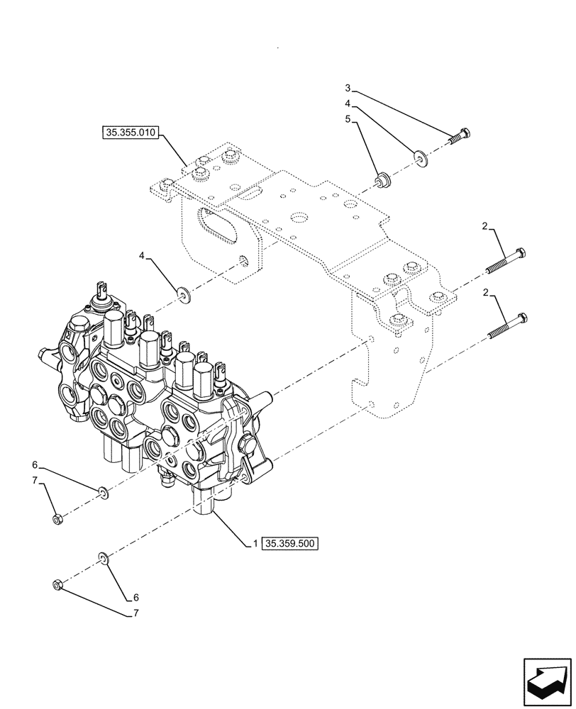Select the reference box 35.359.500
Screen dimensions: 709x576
coord(291,544)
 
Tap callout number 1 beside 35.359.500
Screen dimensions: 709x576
coord(253,544)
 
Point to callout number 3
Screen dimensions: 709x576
coord(348,88)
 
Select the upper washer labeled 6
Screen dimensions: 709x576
coord(103,491)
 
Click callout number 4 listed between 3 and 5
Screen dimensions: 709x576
coord(348,104)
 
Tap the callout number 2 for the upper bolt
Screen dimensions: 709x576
coord(484,226)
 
